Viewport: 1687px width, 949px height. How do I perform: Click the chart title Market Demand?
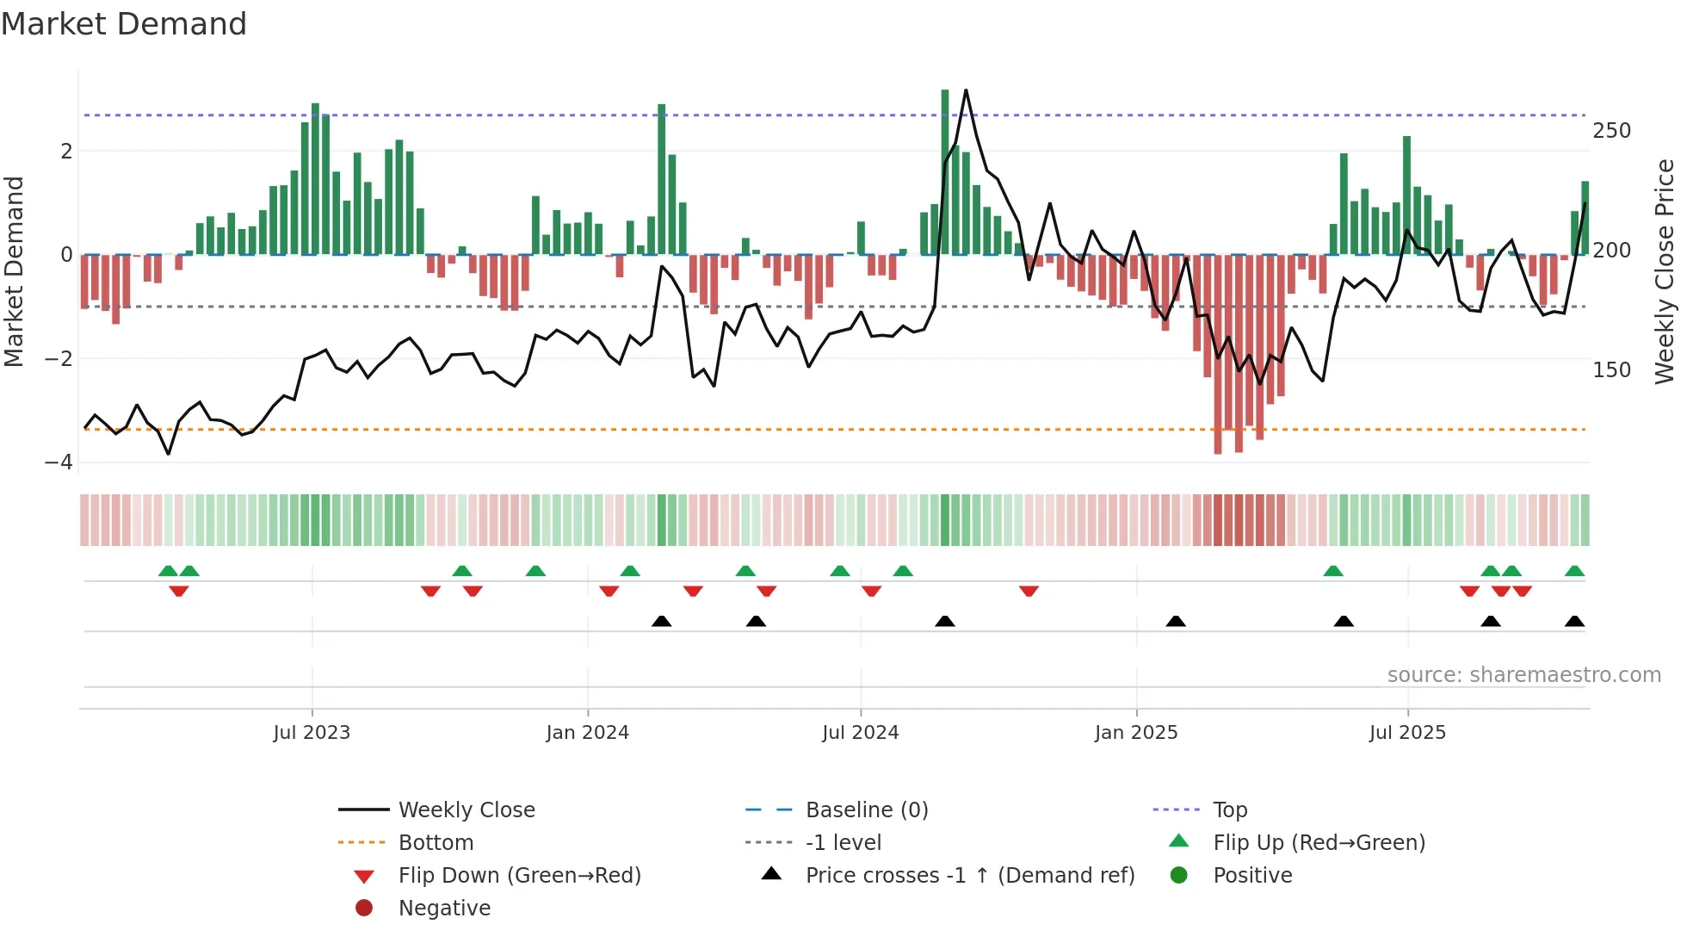click(x=124, y=24)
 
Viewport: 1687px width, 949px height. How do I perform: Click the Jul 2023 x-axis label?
click(x=312, y=733)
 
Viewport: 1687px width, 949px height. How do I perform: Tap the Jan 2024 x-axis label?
click(x=587, y=733)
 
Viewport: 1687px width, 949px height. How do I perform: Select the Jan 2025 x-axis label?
click(x=1135, y=733)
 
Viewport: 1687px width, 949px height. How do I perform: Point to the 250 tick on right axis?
click(x=1611, y=131)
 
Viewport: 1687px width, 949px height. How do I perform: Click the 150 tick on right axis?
click(x=1611, y=370)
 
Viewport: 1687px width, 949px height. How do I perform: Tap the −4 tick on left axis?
click(x=59, y=462)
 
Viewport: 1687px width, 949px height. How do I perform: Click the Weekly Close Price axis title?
click(x=1665, y=271)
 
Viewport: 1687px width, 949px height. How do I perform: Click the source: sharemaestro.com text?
click(x=1523, y=675)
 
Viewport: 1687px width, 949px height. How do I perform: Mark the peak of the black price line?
click(x=966, y=90)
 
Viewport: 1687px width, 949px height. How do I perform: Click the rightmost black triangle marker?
click(x=1574, y=622)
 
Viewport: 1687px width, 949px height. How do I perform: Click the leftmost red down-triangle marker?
click(x=179, y=591)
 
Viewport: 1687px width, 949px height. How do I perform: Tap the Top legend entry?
click(x=1229, y=810)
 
